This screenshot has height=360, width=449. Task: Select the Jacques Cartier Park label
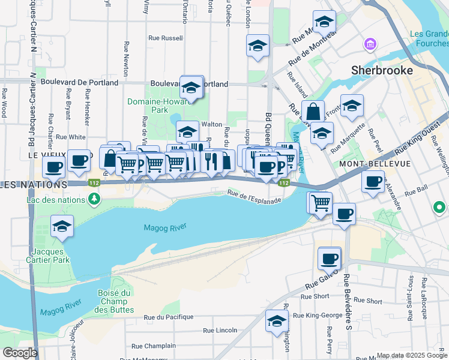click(52, 256)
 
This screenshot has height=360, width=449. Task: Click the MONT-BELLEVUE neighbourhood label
click(366, 163)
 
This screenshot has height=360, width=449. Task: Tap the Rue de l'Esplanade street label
click(254, 196)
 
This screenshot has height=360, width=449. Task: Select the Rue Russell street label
click(166, 38)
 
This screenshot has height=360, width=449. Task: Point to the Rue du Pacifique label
click(169, 317)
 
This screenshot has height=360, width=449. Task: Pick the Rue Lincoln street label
click(220, 331)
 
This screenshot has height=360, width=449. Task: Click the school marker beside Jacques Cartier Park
click(62, 227)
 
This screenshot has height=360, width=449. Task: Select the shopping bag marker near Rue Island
click(313, 112)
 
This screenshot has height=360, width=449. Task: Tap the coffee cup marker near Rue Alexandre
click(373, 181)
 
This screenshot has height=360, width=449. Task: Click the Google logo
click(20, 353)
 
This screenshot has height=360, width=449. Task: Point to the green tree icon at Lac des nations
click(93, 198)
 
